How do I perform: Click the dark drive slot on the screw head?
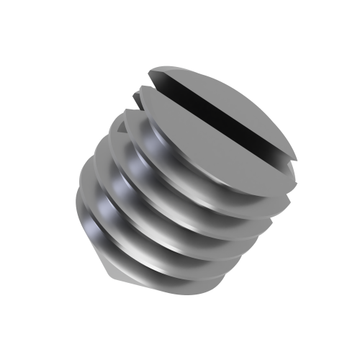point(223,115)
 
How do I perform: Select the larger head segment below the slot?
point(216,144)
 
